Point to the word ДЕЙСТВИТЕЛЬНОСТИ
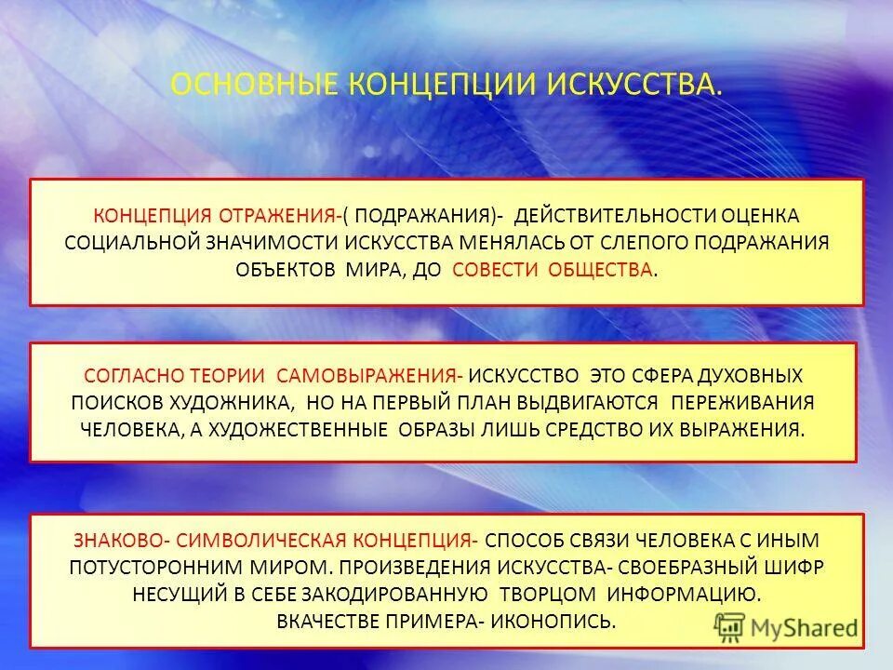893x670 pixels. (616, 216)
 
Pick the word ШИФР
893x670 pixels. (795, 567)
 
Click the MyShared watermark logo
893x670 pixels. (786, 626)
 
